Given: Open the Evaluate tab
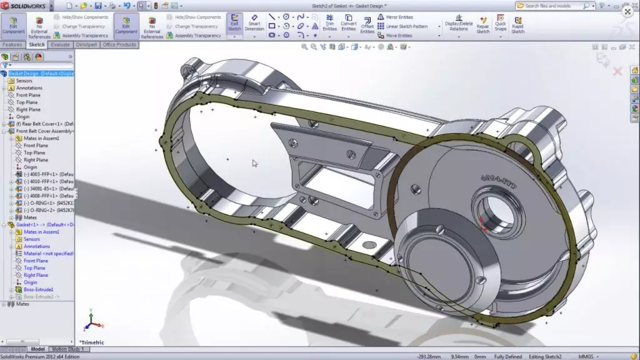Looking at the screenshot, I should (61, 45).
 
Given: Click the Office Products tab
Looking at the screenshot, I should (119, 45).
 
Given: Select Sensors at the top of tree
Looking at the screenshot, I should (24, 81).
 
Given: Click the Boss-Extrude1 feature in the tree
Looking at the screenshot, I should (38, 289).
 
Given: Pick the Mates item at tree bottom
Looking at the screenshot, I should (22, 304).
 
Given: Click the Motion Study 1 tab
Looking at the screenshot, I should (66, 349).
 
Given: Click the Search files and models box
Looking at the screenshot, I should (553, 6).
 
